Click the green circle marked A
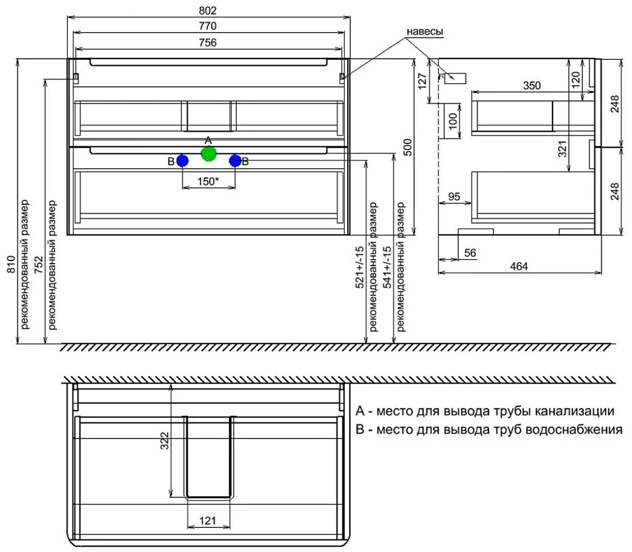pos(209,153)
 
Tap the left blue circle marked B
pos(183,160)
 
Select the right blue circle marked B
pos(235,160)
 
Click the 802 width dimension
pos(208,11)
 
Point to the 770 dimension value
pos(208,26)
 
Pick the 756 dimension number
pos(208,42)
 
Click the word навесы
pos(425,32)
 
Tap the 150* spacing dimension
pos(208,181)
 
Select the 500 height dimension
pos(408,148)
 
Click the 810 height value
pos(11,264)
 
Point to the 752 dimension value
pos(39,265)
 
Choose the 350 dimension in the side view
pos(532,85)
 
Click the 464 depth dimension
pos(519,266)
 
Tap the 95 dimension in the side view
pos(454,196)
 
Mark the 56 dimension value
pos(470,253)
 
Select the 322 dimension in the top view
pos(165,441)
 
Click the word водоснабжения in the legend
pos(574,429)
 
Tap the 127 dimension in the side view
pos(422,81)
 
